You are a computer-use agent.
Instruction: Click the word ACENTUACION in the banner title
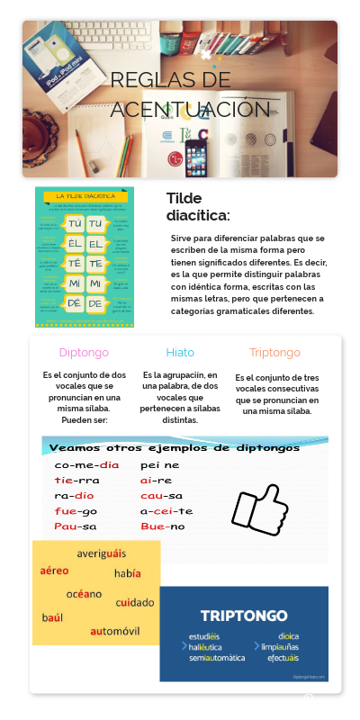(x=190, y=110)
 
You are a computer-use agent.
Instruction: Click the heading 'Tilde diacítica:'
(x=198, y=207)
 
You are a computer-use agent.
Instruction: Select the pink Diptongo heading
(x=84, y=353)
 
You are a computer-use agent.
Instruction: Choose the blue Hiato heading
(x=180, y=353)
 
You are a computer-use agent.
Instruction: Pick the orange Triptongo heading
(x=275, y=353)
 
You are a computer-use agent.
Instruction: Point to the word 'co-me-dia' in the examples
(x=86, y=465)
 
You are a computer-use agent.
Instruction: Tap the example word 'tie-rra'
(x=76, y=481)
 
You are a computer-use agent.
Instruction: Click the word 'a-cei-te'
(x=166, y=511)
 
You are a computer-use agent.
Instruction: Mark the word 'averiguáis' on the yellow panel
(x=102, y=553)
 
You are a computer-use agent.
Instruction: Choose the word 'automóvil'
(x=115, y=631)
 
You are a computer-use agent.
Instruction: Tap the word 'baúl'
(x=52, y=617)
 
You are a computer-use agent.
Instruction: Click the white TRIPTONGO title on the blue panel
(x=244, y=616)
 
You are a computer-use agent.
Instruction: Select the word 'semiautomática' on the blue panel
(x=217, y=658)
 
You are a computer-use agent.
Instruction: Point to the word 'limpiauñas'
(x=280, y=647)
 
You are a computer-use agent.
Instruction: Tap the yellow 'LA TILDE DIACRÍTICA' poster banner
(x=85, y=195)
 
